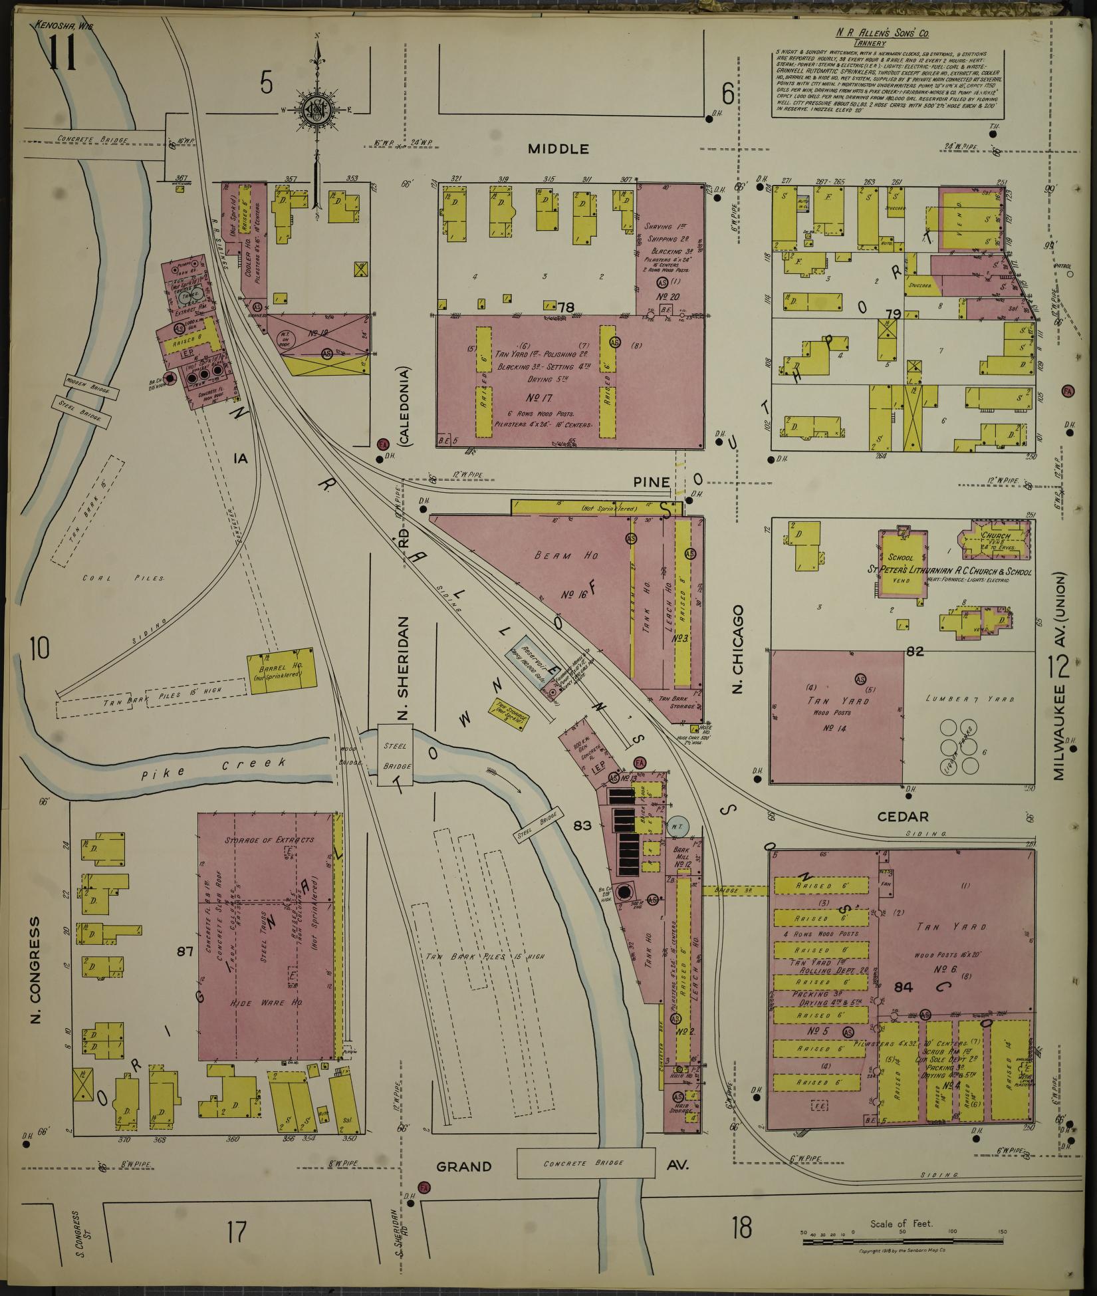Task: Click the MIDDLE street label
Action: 558,149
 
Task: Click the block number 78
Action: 566,307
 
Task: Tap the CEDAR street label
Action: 902,817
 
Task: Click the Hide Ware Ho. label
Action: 265,1003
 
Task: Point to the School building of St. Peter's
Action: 902,565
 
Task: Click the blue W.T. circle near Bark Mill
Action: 677,826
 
